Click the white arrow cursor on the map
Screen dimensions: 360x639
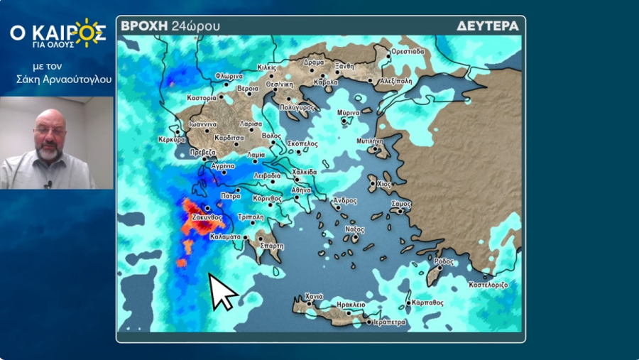(x=222, y=290)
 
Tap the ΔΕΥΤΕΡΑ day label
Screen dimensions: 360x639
(x=488, y=26)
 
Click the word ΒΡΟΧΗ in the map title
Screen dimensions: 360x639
(x=144, y=26)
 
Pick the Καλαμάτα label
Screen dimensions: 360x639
(x=224, y=238)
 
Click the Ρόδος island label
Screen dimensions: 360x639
(x=443, y=261)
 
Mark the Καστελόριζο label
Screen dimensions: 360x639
(x=488, y=284)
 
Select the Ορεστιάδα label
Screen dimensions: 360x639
(x=408, y=51)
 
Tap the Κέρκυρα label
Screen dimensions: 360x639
(x=171, y=139)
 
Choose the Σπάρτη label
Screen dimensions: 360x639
(x=271, y=246)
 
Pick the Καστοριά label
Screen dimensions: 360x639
(x=201, y=97)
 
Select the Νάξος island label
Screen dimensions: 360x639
(x=354, y=229)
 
